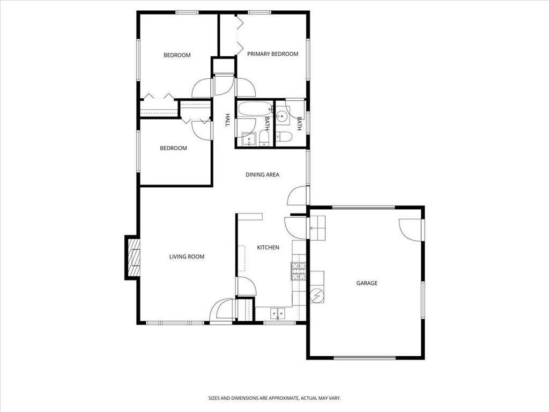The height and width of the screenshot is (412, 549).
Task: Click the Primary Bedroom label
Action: click(x=272, y=54)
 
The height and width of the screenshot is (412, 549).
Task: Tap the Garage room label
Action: click(x=367, y=283)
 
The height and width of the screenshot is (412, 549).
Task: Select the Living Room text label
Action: click(x=187, y=257)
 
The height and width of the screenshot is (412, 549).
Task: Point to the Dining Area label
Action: click(x=262, y=174)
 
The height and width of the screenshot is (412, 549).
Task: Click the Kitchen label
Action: click(x=268, y=247)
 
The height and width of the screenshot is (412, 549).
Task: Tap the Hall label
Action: click(x=227, y=120)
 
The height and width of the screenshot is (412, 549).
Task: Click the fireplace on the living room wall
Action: click(x=133, y=257)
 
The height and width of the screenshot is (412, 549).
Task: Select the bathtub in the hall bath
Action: click(x=254, y=109)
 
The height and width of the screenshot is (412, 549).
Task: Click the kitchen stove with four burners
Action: click(x=299, y=271)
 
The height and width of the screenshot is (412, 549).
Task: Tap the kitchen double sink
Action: click(x=278, y=313)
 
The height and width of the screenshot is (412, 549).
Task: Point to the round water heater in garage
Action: click(x=317, y=296)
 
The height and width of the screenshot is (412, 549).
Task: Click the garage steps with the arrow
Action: click(x=317, y=227)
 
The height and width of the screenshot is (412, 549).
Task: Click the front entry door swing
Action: click(x=221, y=310)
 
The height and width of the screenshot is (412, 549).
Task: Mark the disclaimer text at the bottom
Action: click(x=274, y=398)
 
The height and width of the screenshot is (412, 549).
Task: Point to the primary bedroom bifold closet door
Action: click(x=239, y=35)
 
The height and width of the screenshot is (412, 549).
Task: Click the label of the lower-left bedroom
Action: click(x=173, y=148)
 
